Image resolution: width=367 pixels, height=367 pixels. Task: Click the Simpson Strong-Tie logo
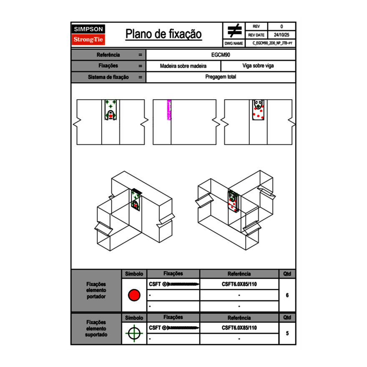88,35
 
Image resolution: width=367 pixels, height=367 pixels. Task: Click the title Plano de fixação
163,34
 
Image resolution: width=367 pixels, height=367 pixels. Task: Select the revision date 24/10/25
282,35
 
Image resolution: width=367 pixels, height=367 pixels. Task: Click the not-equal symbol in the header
234,31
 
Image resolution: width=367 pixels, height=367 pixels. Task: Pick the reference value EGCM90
221,55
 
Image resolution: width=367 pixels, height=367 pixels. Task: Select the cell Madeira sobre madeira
183,66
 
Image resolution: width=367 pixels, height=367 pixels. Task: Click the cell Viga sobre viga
258,66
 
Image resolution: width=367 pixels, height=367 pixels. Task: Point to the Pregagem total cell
221,77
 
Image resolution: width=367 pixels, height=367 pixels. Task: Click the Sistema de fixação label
108,77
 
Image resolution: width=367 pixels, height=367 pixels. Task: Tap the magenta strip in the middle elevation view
169,110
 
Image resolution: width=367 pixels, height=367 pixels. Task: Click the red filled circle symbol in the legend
134,295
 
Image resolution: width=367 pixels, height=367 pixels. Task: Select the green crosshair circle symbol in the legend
134,333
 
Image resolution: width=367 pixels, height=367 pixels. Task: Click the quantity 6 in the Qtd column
287,295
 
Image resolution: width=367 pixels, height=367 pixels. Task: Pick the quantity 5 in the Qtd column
287,333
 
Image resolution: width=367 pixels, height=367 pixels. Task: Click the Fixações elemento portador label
96,290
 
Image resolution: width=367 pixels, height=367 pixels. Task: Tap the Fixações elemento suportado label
96,328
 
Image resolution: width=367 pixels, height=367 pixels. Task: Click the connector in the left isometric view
136,199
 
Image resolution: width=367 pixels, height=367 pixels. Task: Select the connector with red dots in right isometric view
233,201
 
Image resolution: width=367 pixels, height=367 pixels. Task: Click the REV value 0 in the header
282,27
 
